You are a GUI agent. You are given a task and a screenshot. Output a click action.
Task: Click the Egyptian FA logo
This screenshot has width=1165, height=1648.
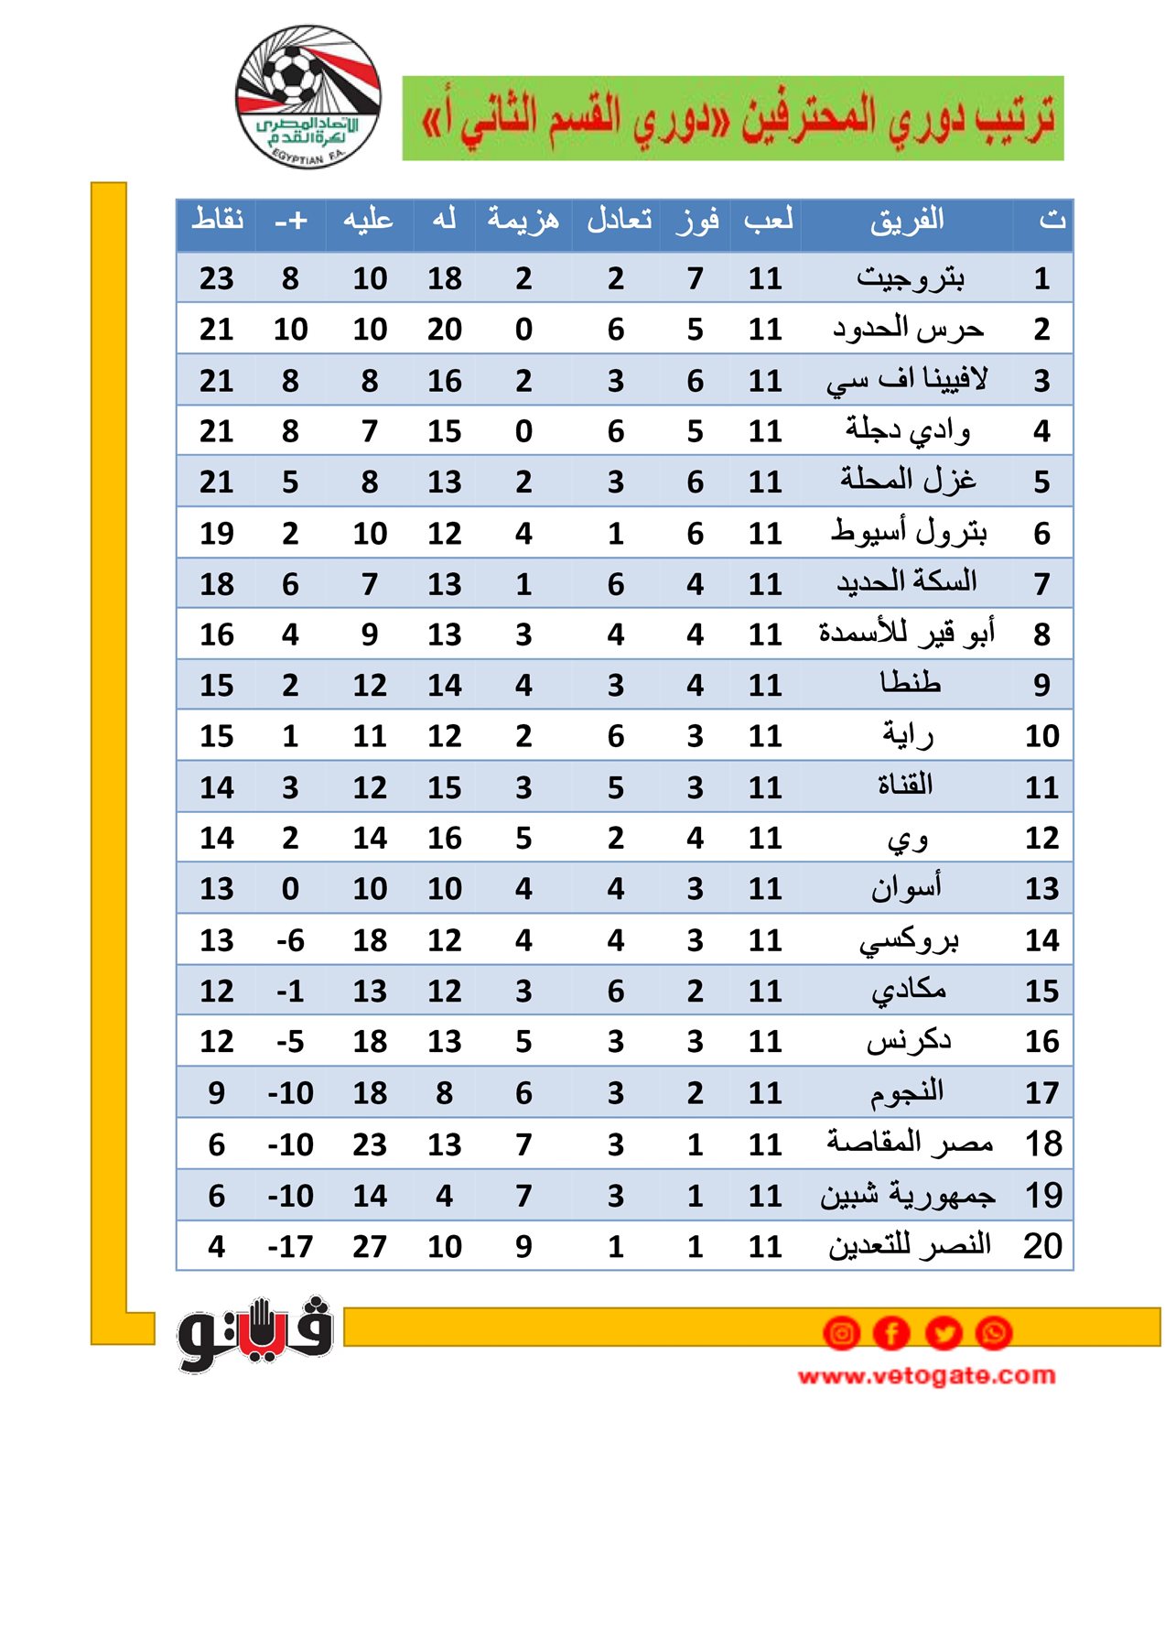307,96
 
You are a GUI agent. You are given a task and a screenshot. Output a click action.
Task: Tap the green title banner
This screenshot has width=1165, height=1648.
732,118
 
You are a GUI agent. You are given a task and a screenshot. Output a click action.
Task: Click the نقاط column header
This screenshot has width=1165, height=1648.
217,221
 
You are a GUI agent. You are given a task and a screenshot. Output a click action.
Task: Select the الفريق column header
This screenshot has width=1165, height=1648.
906,221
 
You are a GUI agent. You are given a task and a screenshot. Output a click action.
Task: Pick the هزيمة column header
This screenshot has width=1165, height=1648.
523,221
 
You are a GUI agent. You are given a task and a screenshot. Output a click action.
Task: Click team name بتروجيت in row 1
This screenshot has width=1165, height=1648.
910,277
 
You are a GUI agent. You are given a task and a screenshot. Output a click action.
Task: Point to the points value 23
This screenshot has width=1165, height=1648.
217,278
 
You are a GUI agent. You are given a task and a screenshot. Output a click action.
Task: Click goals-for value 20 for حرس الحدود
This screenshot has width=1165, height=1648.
445,330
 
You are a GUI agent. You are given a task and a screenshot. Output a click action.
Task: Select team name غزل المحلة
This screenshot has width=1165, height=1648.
908,481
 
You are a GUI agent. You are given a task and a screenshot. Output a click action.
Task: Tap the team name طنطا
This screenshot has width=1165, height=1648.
910,684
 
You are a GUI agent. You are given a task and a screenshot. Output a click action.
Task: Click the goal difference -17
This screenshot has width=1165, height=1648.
290,1246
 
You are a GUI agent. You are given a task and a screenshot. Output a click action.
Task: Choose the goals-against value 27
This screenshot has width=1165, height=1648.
370,1246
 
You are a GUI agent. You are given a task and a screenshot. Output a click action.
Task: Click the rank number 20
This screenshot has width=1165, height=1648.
1042,1246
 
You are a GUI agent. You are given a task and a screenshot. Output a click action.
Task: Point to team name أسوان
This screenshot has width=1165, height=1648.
906,888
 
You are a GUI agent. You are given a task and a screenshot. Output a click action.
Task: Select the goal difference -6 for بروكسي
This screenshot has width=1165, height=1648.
290,940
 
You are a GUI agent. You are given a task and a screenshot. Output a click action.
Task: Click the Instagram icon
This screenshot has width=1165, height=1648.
842,1333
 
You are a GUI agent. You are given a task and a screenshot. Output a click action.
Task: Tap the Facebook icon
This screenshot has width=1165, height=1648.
892,1333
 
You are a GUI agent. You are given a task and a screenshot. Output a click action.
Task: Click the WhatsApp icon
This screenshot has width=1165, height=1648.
994,1333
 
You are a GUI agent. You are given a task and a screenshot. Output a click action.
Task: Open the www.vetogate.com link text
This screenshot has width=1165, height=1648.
926,1375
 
